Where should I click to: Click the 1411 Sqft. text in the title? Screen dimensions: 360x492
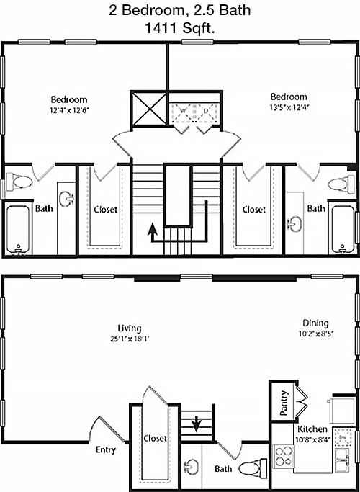click(x=180, y=29)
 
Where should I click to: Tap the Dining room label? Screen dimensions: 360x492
click(x=315, y=323)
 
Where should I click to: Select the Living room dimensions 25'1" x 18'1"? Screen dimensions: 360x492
click(x=130, y=339)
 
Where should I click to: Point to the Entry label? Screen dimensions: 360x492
click(x=106, y=450)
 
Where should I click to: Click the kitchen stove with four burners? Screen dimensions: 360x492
click(x=284, y=456)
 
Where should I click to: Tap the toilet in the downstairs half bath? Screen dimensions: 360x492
click(x=253, y=468)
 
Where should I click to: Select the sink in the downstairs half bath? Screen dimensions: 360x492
click(x=192, y=467)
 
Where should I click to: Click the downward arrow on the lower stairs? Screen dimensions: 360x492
click(x=197, y=423)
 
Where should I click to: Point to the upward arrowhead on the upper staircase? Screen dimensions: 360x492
click(x=153, y=228)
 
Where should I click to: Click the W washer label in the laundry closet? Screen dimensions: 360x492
click(x=183, y=111)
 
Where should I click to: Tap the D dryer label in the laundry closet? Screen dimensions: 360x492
click(x=206, y=111)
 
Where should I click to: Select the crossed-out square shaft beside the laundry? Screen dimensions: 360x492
click(x=149, y=109)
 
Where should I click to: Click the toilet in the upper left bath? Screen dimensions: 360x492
click(x=19, y=182)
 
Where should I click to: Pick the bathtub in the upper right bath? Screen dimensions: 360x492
click(x=343, y=229)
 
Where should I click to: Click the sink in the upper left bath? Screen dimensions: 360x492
click(x=66, y=199)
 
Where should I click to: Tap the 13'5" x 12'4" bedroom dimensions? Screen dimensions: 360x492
click(x=289, y=107)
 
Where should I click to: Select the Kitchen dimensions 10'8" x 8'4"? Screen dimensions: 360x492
click(x=312, y=439)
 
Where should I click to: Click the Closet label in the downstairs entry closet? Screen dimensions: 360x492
click(x=155, y=439)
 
